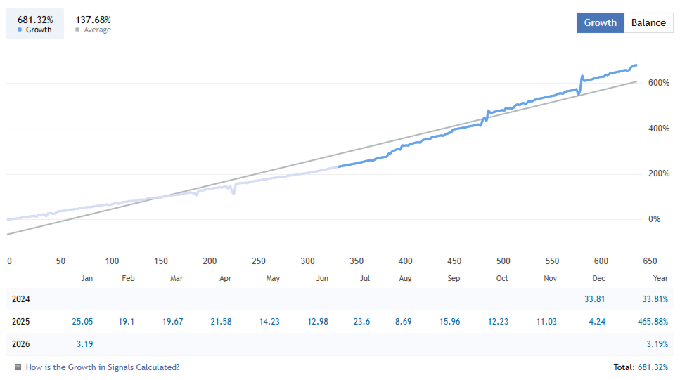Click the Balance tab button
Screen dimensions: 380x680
[648, 22]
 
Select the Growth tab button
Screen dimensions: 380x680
[600, 22]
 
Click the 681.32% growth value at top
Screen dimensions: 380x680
[35, 20]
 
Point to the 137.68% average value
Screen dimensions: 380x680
[93, 20]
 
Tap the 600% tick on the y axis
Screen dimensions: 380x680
[659, 83]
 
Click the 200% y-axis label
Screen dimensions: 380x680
[659, 173]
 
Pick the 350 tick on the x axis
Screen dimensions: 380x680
[357, 261]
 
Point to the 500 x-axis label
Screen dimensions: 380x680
[503, 261]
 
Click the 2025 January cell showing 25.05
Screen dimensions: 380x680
[82, 321]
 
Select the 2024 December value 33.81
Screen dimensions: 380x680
[595, 299]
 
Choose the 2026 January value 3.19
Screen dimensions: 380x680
[83, 343]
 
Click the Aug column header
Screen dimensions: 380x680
[405, 278]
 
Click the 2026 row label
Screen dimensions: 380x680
[22, 343]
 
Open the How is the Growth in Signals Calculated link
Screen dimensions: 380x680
[103, 367]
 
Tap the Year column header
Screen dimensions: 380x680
[660, 278]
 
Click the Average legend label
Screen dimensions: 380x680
[97, 30]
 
